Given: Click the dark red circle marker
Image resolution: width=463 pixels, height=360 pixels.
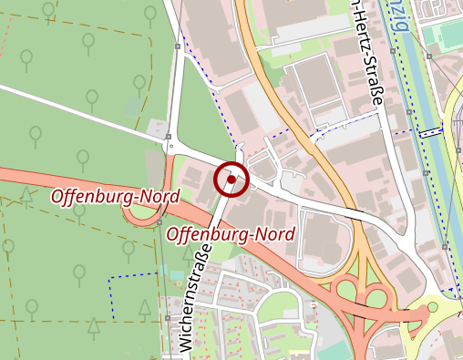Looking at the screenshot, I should click(231, 180).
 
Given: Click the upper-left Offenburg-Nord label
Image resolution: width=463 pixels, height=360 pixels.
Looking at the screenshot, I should click(115, 196).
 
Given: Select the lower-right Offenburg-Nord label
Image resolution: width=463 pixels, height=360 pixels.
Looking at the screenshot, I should click(231, 234).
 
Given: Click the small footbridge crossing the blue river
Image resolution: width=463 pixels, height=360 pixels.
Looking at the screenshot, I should click(428, 131).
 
